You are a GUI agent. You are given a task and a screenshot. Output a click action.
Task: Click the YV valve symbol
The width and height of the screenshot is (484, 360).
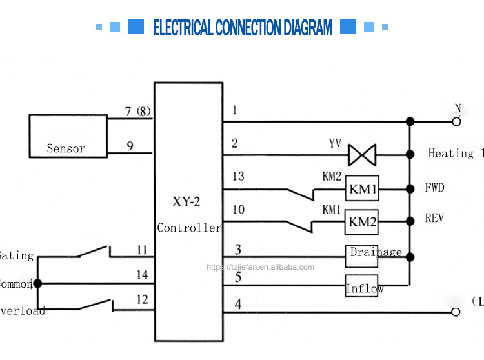point(361,155)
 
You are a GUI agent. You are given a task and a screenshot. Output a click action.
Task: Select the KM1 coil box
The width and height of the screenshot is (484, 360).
point(362,189)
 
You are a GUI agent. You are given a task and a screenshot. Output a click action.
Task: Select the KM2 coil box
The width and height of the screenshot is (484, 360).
point(362,222)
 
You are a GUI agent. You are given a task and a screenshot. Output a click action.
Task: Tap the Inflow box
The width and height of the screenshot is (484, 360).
point(362,287)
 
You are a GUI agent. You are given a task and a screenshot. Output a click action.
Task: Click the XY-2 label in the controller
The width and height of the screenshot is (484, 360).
point(187,201)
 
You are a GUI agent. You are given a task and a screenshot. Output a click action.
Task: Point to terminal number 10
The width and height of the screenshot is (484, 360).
point(239,209)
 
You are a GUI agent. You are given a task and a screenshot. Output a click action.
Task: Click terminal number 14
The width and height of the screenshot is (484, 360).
point(142,275)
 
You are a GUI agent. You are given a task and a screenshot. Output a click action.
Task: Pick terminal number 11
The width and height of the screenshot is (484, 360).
point(142,249)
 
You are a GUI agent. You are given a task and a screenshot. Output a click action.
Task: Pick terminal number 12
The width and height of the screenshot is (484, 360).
point(142,299)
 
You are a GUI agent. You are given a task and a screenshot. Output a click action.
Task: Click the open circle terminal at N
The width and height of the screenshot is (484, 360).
point(456,121)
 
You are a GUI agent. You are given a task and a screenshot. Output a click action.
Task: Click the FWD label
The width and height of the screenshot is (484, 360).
point(434,188)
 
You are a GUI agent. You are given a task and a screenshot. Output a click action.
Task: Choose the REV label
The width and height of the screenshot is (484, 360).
point(434,218)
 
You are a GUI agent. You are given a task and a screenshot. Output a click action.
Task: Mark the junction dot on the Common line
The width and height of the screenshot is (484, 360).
point(37,283)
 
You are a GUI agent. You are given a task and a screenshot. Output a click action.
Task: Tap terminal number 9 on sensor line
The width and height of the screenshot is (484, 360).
point(130,146)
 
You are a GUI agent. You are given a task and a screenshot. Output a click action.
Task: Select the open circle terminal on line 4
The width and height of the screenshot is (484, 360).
point(456,312)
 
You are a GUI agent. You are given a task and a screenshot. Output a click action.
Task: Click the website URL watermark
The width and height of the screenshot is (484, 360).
point(260,267)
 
